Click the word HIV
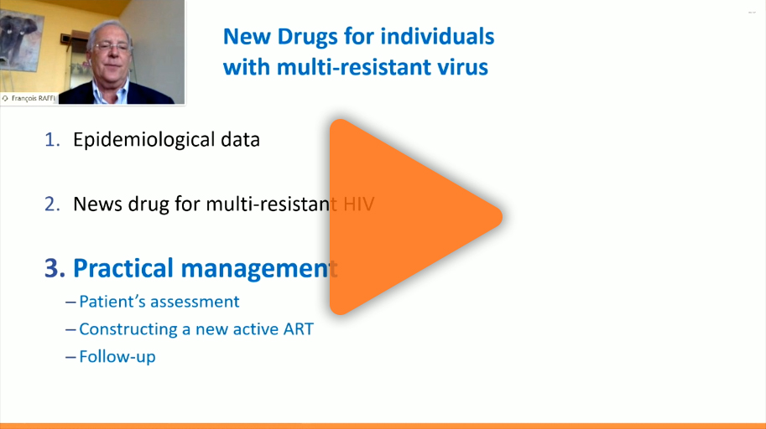pos(358,204)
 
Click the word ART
pos(298,329)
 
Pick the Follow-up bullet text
pos(117,357)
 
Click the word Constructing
pos(128,330)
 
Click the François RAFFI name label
pos(29,98)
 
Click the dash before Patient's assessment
pos(70,302)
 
